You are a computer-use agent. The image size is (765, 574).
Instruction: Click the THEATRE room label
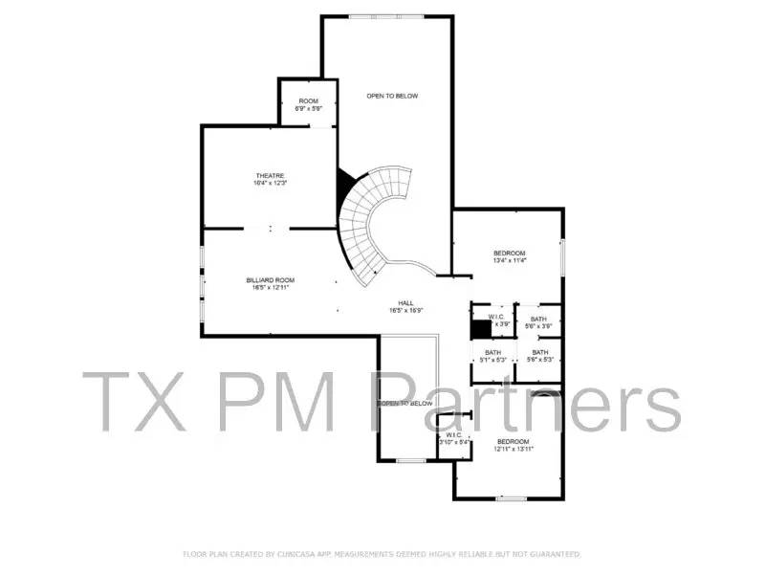click(x=270, y=176)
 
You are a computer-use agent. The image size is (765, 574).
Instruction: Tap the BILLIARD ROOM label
click(x=271, y=280)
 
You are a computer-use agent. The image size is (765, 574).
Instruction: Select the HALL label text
click(x=406, y=302)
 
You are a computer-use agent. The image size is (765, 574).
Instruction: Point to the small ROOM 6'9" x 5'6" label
click(x=309, y=101)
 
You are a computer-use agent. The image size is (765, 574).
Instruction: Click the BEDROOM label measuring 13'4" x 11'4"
click(x=510, y=254)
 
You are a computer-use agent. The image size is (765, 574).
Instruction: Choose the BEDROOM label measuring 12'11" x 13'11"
click(x=514, y=441)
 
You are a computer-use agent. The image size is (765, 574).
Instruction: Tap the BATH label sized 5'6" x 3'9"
click(x=539, y=320)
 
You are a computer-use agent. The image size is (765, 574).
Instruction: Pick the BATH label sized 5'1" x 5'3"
click(x=493, y=352)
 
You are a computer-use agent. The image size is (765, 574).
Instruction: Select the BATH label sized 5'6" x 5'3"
click(x=540, y=352)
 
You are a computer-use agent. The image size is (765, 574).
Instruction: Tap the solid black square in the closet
click(x=479, y=327)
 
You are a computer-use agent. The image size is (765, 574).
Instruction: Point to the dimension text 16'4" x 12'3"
click(x=271, y=183)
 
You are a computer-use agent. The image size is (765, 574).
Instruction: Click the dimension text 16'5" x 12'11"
click(x=271, y=287)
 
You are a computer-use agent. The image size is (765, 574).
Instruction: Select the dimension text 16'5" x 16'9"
click(x=406, y=310)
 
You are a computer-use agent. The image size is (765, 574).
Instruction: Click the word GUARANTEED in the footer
click(x=554, y=554)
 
